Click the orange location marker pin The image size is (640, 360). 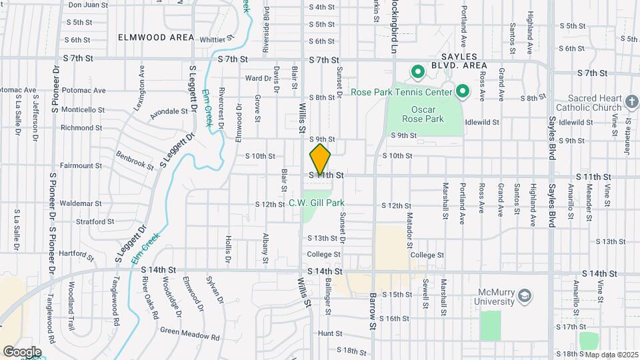point(320,160)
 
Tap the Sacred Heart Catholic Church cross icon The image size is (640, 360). point(632,103)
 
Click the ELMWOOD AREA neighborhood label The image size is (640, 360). point(156,38)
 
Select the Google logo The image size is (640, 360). point(22,351)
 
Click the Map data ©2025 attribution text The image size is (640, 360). point(611,355)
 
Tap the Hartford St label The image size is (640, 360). point(77,254)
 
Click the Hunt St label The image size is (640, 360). point(329,333)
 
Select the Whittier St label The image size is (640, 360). point(210,40)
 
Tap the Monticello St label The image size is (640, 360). point(83,109)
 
